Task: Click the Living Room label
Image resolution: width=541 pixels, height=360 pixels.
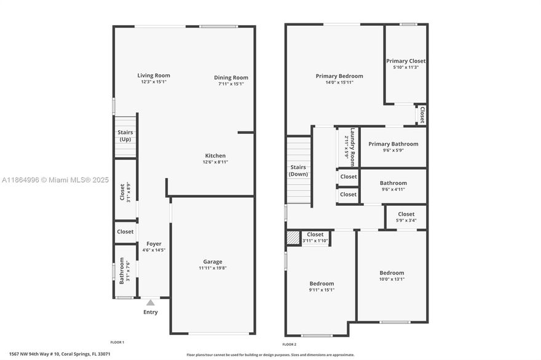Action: pos(154,76)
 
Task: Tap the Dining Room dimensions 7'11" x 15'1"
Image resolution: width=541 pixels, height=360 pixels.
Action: pos(231,84)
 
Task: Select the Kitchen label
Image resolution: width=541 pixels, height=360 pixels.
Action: pos(215,155)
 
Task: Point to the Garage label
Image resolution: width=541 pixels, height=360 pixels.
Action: pos(213,262)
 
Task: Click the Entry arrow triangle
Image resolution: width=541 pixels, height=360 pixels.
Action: pos(150,302)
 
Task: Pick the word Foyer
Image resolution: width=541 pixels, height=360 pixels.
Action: pos(154,244)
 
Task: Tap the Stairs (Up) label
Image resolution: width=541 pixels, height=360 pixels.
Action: pos(125,136)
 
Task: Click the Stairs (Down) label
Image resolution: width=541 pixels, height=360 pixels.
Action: pos(298,170)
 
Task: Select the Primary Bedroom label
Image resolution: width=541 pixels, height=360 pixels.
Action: pos(339,76)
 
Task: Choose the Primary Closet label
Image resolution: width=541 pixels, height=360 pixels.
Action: pos(406,61)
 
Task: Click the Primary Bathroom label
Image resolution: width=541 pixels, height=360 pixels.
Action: pos(393,144)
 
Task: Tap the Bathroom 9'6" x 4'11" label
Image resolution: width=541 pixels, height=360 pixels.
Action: pos(393,183)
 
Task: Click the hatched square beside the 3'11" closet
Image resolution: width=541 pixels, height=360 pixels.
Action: pos(293,237)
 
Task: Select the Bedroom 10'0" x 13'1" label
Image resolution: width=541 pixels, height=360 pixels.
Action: pos(392,273)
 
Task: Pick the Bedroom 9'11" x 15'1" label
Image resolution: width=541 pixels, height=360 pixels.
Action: pos(322,284)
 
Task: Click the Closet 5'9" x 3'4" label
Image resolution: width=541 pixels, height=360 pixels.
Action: pos(406,214)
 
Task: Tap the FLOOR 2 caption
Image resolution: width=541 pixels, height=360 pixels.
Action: pos(289,345)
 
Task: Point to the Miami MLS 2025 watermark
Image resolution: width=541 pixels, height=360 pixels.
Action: pos(55,180)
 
